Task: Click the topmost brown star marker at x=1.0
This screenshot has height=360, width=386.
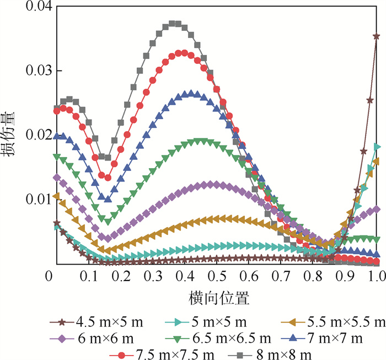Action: (377, 36)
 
